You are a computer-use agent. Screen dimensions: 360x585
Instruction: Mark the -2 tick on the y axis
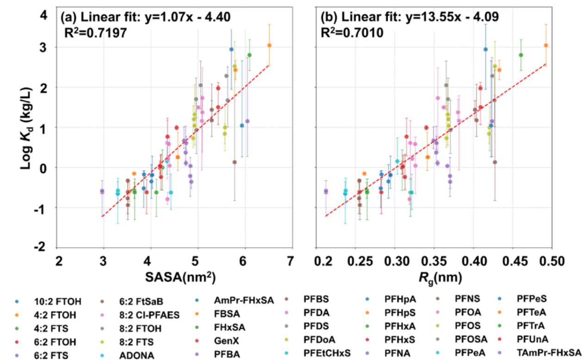[44, 247]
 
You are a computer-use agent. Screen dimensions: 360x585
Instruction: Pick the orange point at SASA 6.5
[269, 45]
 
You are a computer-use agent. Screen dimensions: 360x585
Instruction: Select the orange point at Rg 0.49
[546, 45]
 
